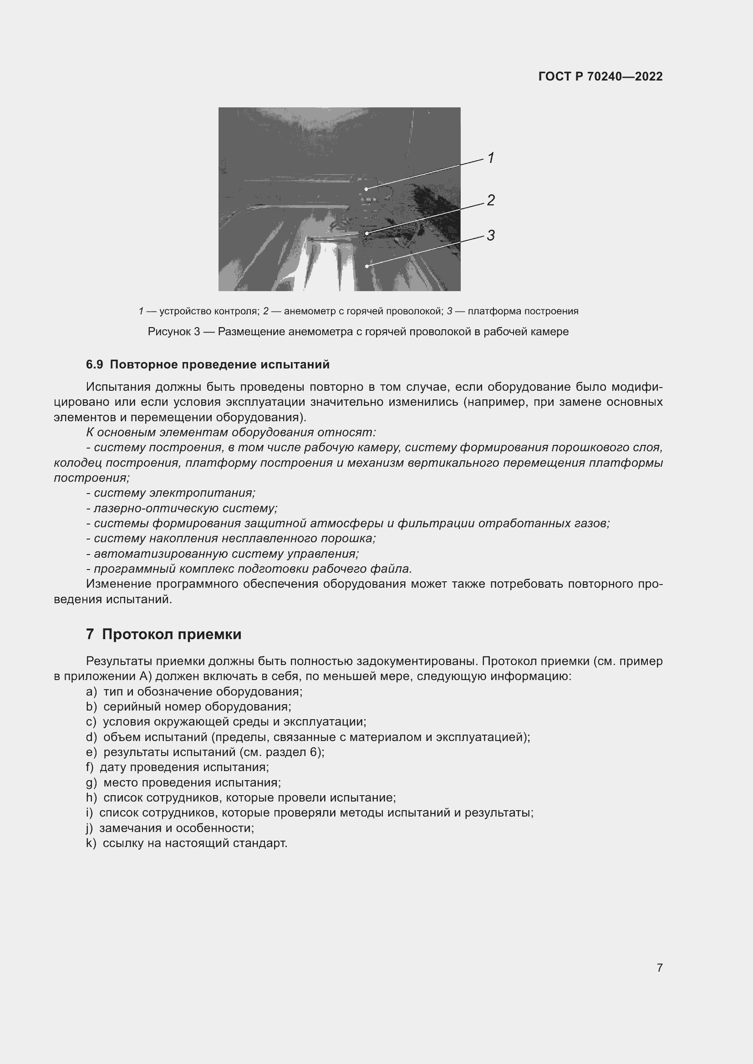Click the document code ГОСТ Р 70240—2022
[x=600, y=76]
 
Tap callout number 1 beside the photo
[x=491, y=158]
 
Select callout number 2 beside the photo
[x=491, y=200]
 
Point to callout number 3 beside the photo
[x=491, y=236]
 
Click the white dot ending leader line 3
[x=367, y=266]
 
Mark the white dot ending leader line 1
[x=366, y=189]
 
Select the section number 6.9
[x=94, y=365]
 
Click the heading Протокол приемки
[x=172, y=634]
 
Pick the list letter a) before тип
[x=91, y=692]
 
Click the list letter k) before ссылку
[x=91, y=843]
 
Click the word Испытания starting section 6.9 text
[x=118, y=387]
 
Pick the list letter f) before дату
[x=90, y=767]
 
